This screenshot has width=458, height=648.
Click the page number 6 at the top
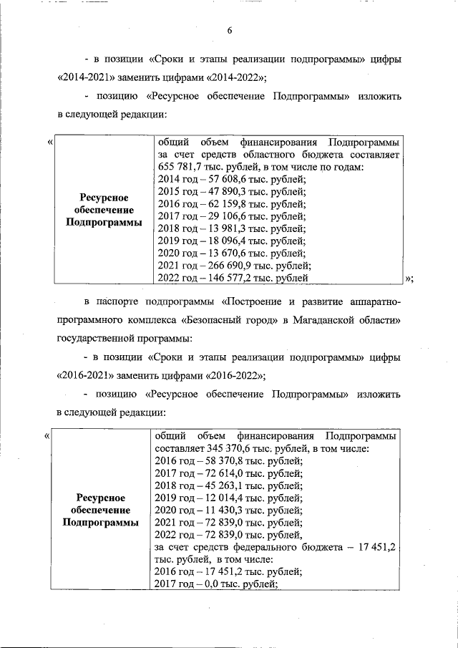pos(230,30)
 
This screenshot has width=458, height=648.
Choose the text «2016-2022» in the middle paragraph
pos(233,374)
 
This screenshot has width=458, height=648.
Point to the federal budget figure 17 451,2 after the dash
pos(378,547)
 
